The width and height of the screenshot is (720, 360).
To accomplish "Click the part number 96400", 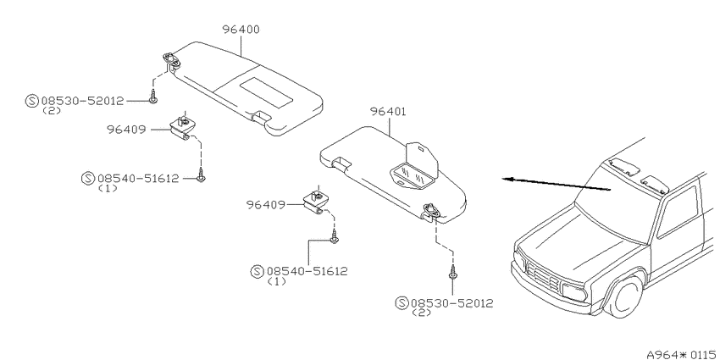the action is (241, 30).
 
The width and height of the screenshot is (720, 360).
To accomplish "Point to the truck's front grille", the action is (544, 275).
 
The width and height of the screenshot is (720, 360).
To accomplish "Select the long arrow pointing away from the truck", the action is (556, 184).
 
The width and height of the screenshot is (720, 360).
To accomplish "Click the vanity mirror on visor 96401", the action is (412, 176).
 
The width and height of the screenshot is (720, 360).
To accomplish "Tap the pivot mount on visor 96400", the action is (171, 58).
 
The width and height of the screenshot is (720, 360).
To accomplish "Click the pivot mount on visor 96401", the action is (432, 210).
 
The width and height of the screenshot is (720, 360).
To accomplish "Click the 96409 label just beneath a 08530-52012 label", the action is (126, 130).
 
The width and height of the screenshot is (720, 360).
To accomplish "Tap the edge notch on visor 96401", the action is (341, 161).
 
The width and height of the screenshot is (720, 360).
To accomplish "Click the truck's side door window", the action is (678, 212).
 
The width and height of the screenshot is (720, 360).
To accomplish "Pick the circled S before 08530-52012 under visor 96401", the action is (402, 303).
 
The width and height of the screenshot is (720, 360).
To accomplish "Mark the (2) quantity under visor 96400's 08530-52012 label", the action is (52, 111).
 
